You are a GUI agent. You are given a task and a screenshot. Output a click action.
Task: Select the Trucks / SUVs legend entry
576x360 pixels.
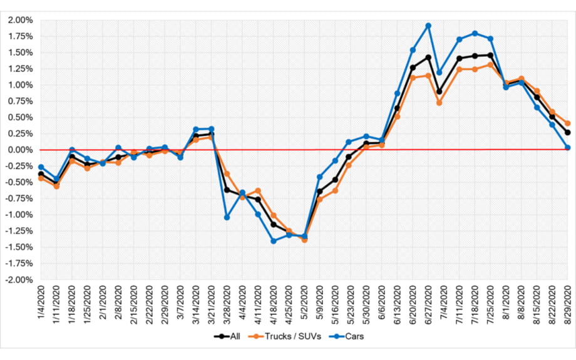[x=296, y=336]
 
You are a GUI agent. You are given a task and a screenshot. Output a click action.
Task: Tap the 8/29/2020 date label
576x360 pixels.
[x=568, y=304]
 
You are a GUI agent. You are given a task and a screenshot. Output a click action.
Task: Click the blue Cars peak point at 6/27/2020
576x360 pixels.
[x=428, y=26]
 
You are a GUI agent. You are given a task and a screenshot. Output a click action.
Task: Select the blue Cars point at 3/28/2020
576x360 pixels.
[x=227, y=217]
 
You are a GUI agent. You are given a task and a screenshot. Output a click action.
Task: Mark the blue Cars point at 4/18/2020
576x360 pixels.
[x=274, y=241]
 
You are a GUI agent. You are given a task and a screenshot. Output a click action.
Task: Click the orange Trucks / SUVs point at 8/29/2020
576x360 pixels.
[x=568, y=123]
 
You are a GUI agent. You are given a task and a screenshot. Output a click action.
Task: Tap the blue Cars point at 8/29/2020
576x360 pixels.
[x=568, y=148]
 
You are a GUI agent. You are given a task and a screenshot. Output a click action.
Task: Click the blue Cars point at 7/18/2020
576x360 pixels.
[x=475, y=33]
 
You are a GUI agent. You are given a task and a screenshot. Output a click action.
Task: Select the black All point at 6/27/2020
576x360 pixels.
[x=428, y=57]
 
